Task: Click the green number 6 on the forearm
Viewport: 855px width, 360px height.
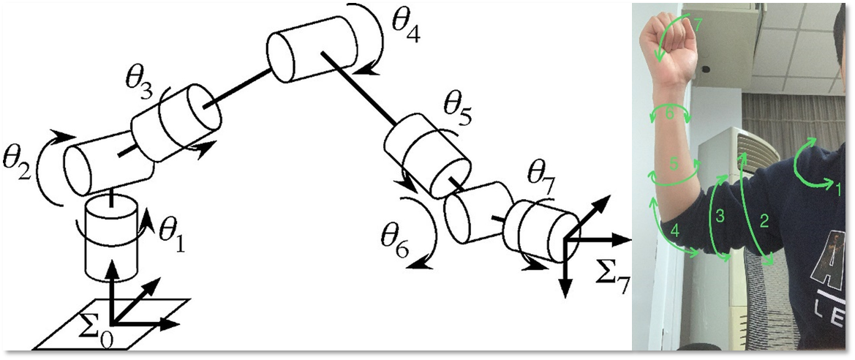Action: point(670,113)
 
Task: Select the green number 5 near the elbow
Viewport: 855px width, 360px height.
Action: point(674,163)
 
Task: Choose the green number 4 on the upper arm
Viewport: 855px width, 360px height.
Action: point(675,231)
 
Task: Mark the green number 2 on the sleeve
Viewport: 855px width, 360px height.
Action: point(764,221)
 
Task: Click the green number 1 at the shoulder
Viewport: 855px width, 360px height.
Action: point(839,190)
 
